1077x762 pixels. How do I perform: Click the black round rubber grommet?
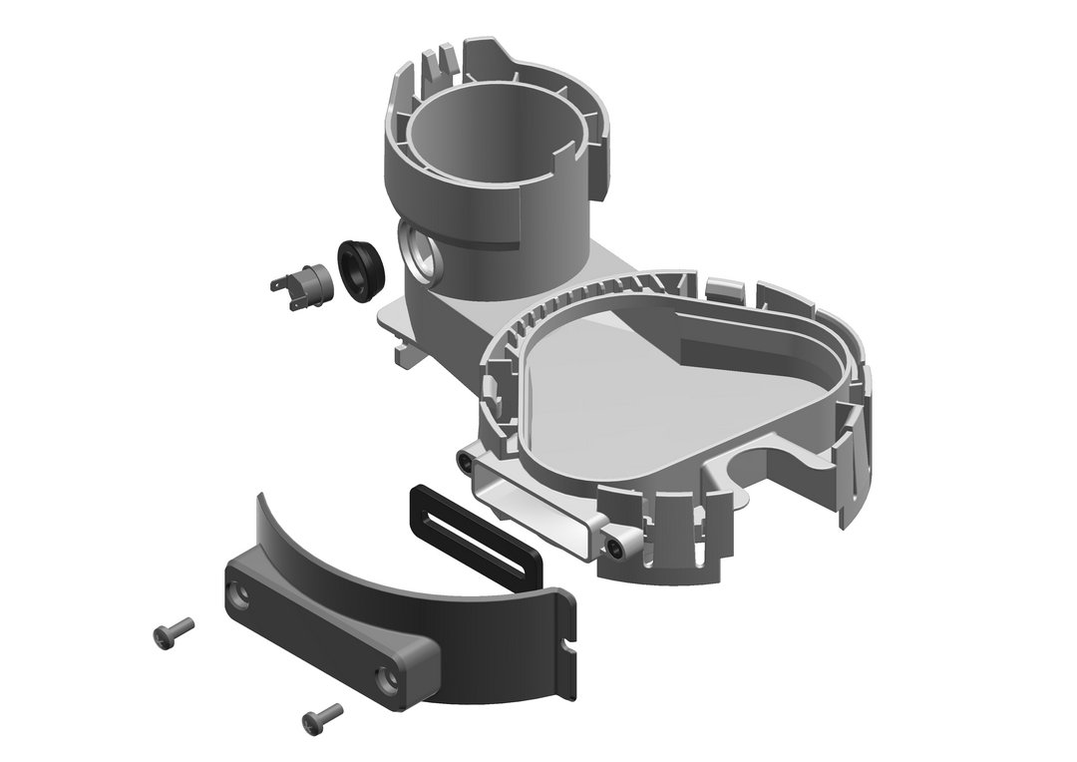[360, 267]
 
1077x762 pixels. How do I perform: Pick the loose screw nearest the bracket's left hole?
[174, 631]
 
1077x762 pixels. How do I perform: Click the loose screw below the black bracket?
[322, 715]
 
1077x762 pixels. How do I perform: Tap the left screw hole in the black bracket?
[239, 595]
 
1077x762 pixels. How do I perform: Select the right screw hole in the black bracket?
[387, 678]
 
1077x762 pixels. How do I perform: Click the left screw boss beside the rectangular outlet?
[465, 461]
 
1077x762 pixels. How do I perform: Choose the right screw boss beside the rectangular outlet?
[618, 545]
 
